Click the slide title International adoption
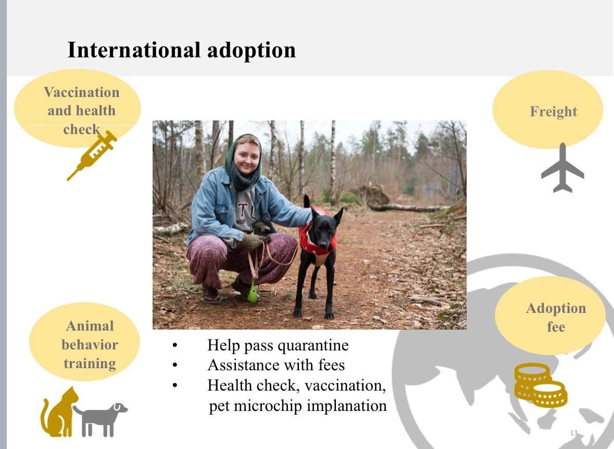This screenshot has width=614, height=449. tap(181, 50)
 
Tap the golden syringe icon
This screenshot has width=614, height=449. tap(92, 155)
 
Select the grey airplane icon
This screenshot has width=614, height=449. tap(562, 168)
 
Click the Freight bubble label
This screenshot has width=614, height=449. tap(553, 112)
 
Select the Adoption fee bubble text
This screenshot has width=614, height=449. tap(555, 318)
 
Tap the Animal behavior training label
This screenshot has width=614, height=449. tap(90, 345)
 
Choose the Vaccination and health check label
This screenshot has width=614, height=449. tap(81, 110)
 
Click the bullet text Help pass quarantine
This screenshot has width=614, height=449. tap(278, 345)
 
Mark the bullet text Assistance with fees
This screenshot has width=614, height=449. tap(276, 365)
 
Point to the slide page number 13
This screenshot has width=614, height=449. tap(574, 433)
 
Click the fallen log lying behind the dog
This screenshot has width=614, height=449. tap(406, 208)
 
